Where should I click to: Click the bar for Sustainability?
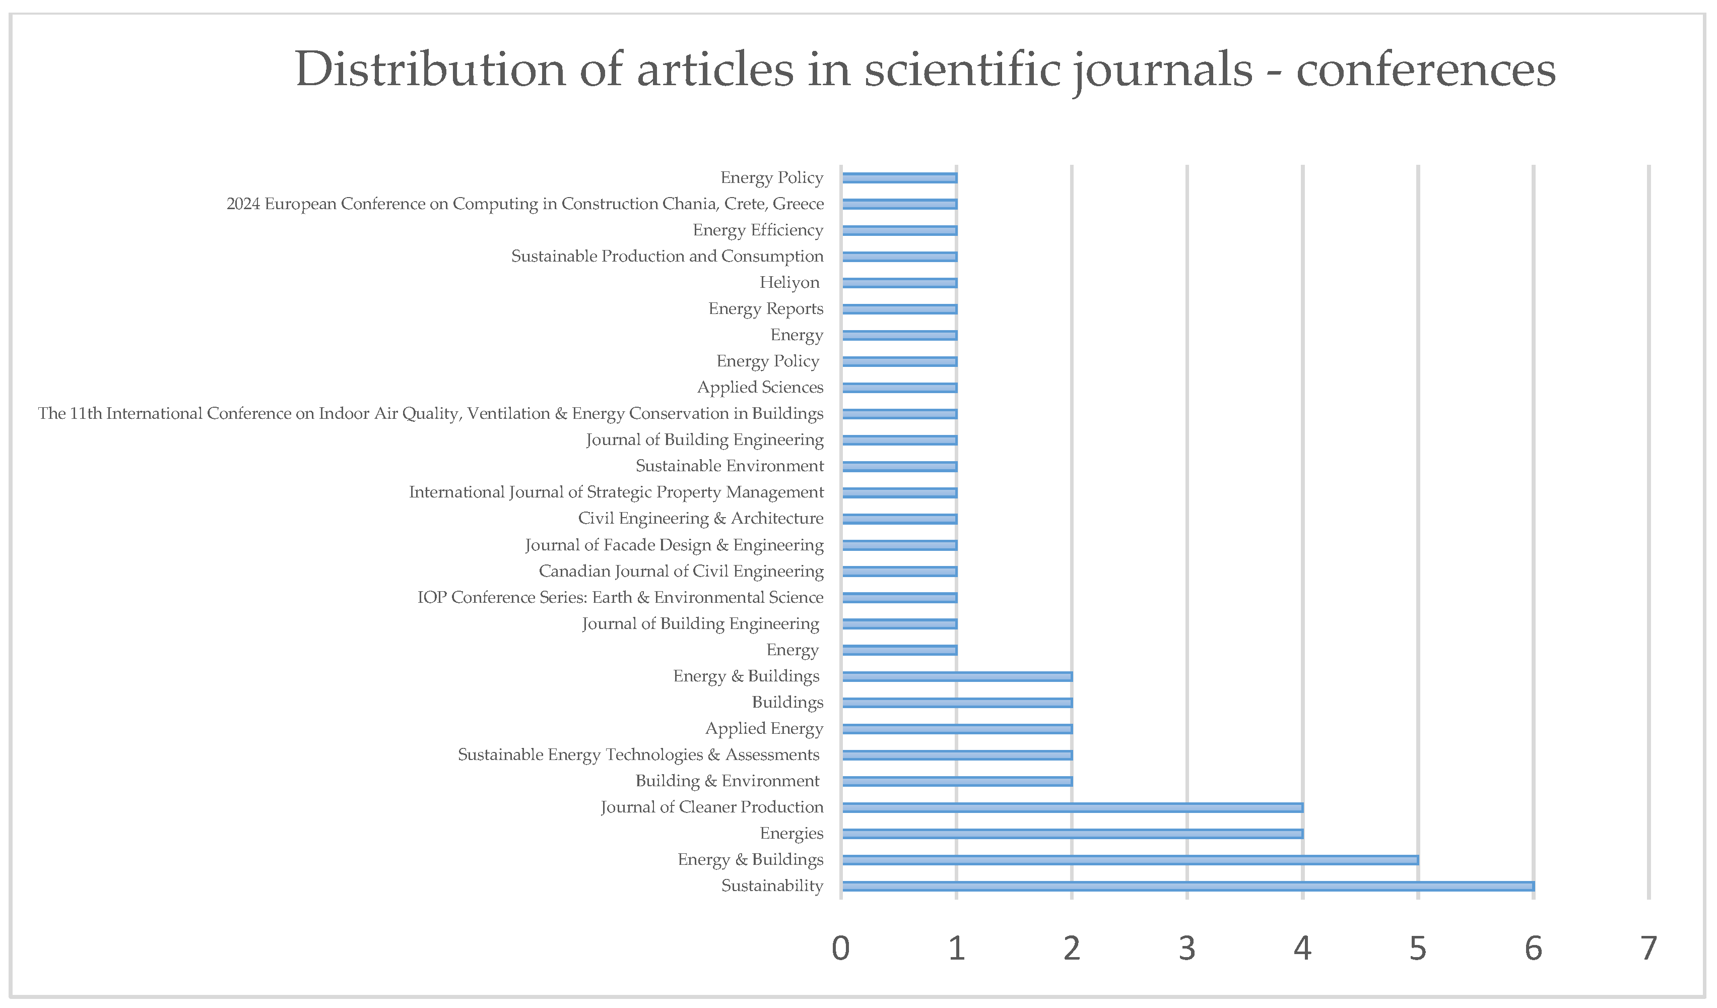(1187, 886)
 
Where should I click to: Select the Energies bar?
(1072, 834)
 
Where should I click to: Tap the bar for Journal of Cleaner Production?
(1072, 807)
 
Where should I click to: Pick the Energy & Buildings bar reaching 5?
(1130, 860)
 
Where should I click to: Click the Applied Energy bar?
(957, 729)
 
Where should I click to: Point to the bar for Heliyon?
(899, 283)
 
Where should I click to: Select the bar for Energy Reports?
(899, 309)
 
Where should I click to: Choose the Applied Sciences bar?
(899, 388)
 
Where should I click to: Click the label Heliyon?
(789, 282)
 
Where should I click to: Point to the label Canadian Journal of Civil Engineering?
(681, 571)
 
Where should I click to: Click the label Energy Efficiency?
(758, 230)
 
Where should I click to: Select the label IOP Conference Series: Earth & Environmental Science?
(620, 598)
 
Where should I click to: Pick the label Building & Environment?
(727, 781)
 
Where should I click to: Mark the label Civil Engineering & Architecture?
(700, 519)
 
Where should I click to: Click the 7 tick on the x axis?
(1648, 948)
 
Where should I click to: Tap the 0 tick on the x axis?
(841, 948)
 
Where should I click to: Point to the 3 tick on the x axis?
(1187, 948)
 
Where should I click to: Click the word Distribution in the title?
(430, 70)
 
